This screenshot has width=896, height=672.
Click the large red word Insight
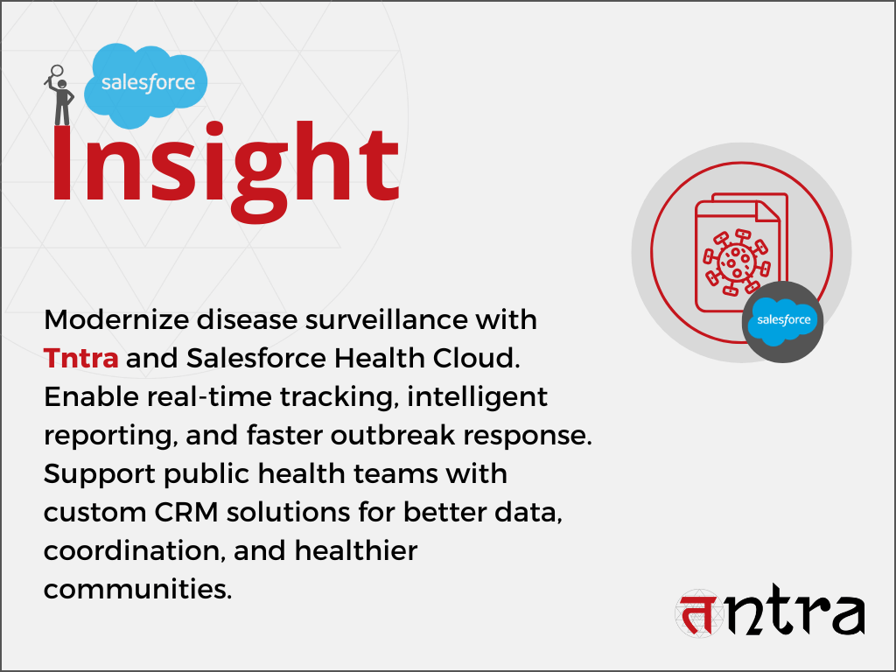(x=225, y=171)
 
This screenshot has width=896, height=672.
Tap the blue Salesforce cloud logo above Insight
(x=146, y=86)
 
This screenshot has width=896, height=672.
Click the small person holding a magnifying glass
(x=59, y=95)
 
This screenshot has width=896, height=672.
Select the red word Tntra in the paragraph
(x=81, y=358)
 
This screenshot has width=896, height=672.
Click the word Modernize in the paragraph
(x=116, y=319)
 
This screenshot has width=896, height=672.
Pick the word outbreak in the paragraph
(x=393, y=436)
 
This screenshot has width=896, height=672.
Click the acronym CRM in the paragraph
(x=186, y=512)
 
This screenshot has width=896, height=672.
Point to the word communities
(x=137, y=589)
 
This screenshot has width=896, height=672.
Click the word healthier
(x=356, y=551)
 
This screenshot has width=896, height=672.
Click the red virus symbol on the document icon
(x=737, y=262)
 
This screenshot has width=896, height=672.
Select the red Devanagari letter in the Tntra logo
(x=699, y=613)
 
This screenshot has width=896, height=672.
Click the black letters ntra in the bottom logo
(x=795, y=610)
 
